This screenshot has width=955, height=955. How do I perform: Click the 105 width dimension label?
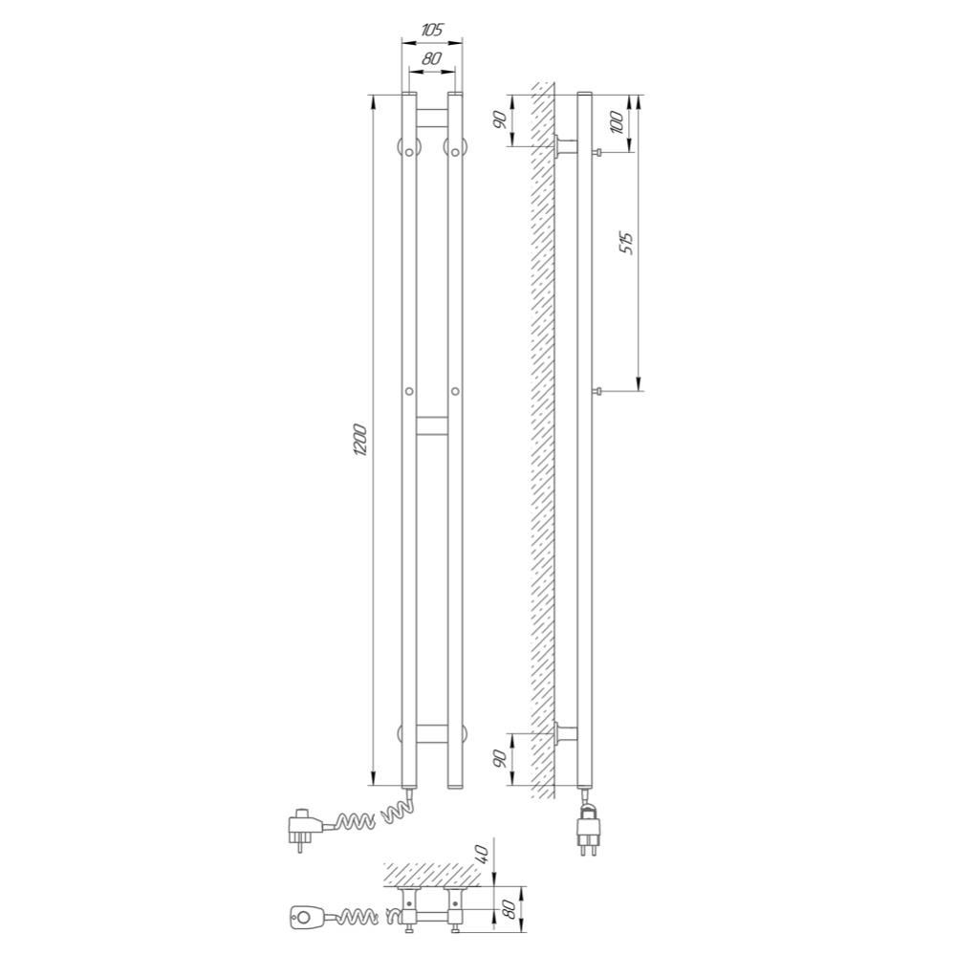pyautogui.click(x=432, y=30)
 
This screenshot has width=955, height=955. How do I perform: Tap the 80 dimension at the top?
pyautogui.click(x=431, y=58)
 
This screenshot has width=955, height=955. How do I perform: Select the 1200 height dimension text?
pyautogui.click(x=360, y=440)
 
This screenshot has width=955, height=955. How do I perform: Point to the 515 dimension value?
pyautogui.click(x=628, y=243)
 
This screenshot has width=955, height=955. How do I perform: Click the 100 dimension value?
pyautogui.click(x=617, y=123)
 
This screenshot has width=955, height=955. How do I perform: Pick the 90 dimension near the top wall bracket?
pyautogui.click(x=500, y=120)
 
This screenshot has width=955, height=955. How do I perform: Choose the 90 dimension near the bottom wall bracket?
pyautogui.click(x=500, y=758)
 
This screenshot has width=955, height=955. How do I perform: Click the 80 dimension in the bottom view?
pyautogui.click(x=510, y=910)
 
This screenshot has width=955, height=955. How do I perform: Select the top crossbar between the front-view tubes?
pyautogui.click(x=432, y=118)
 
